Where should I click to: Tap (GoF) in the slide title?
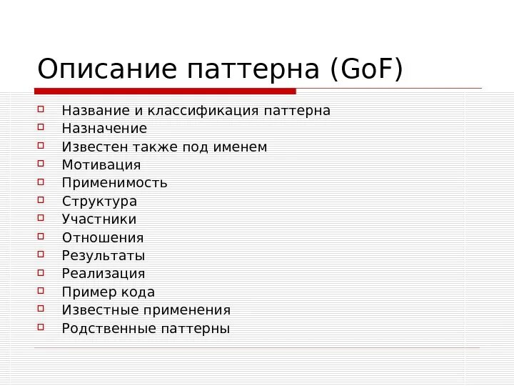[366, 70]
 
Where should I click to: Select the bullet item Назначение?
[104, 129]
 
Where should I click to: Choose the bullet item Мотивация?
[101, 165]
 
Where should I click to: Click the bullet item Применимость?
[114, 183]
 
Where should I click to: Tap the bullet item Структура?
[99, 202]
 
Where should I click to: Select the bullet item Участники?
[99, 219]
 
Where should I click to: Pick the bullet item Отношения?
[103, 238]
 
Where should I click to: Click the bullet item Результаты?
[104, 256]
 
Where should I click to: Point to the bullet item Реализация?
[104, 274]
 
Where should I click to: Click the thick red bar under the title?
[165, 91]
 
